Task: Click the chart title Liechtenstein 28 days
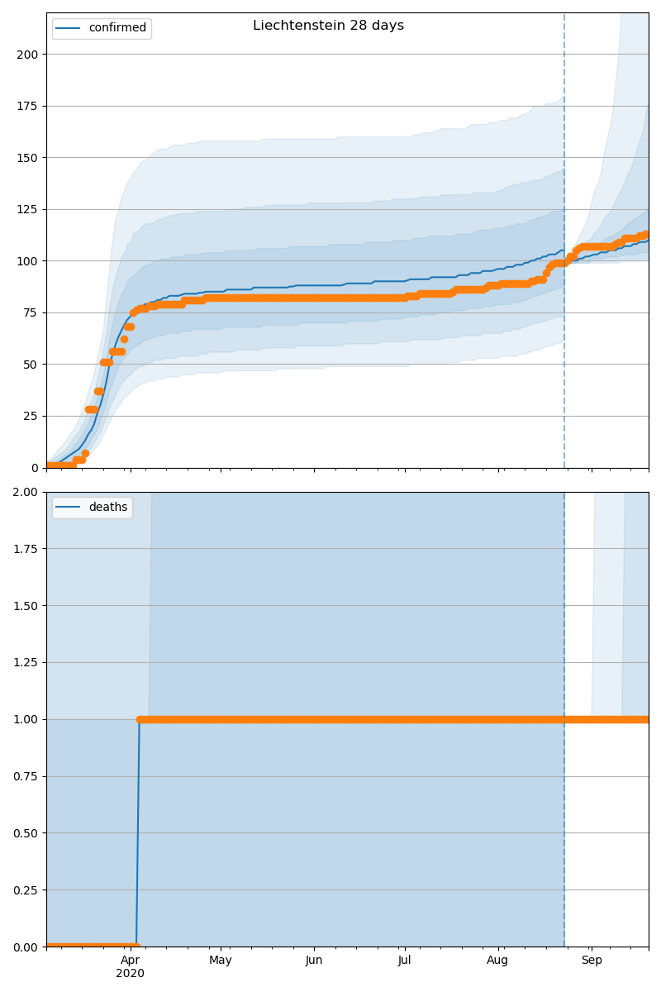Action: (328, 26)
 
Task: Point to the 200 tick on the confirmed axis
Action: (29, 55)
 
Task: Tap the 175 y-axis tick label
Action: (29, 106)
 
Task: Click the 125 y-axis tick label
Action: (29, 209)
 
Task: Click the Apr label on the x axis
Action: (130, 960)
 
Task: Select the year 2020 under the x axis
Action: (130, 973)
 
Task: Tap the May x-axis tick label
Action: (221, 960)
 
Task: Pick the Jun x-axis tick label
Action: (314, 960)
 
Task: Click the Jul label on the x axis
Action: (404, 960)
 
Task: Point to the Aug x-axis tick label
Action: (497, 960)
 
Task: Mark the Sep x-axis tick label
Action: (592, 960)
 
